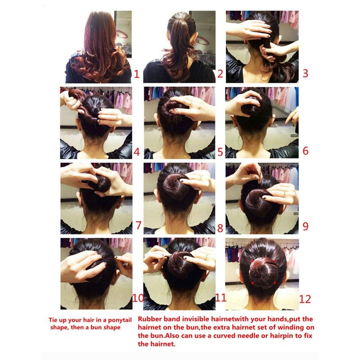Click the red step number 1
[137, 74]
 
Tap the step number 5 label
[220, 152]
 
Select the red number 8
[220, 228]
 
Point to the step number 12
[305, 299]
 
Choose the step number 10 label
[138, 298]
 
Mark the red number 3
[306, 73]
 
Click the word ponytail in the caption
[120, 320]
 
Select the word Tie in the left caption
[52, 320]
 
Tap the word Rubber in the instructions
[148, 319]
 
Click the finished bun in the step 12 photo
[264, 273]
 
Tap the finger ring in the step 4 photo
[117, 118]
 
